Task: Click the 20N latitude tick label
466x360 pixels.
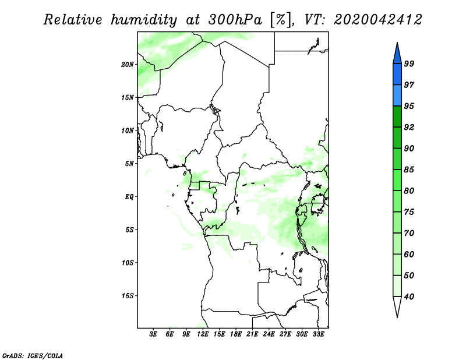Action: pyautogui.click(x=128, y=64)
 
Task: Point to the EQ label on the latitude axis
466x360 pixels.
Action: pyautogui.click(x=129, y=196)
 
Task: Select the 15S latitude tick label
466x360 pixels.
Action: pyautogui.click(x=128, y=295)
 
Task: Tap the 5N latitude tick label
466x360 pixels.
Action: pyautogui.click(x=129, y=163)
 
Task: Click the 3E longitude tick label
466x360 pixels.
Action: pyautogui.click(x=154, y=334)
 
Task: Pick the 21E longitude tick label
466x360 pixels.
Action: pyautogui.click(x=252, y=334)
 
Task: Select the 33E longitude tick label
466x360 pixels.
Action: pyautogui.click(x=318, y=334)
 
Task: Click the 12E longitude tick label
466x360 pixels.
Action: pyautogui.click(x=203, y=334)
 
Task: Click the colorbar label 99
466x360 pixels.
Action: pyautogui.click(x=409, y=63)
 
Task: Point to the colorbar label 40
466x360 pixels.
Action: pyautogui.click(x=409, y=297)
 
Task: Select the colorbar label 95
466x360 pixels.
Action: pyautogui.click(x=409, y=106)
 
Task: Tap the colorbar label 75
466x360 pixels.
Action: pyautogui.click(x=409, y=212)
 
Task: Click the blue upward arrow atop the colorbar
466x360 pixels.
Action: pyautogui.click(x=397, y=53)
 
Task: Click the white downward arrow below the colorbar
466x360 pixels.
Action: pyautogui.click(x=397, y=306)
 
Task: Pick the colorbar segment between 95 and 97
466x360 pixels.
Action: pyautogui.click(x=397, y=96)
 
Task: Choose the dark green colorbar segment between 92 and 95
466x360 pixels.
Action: pyautogui.click(x=397, y=117)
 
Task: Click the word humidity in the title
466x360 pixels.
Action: pyautogui.click(x=143, y=20)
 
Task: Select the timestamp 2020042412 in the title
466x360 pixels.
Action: pyautogui.click(x=377, y=20)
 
